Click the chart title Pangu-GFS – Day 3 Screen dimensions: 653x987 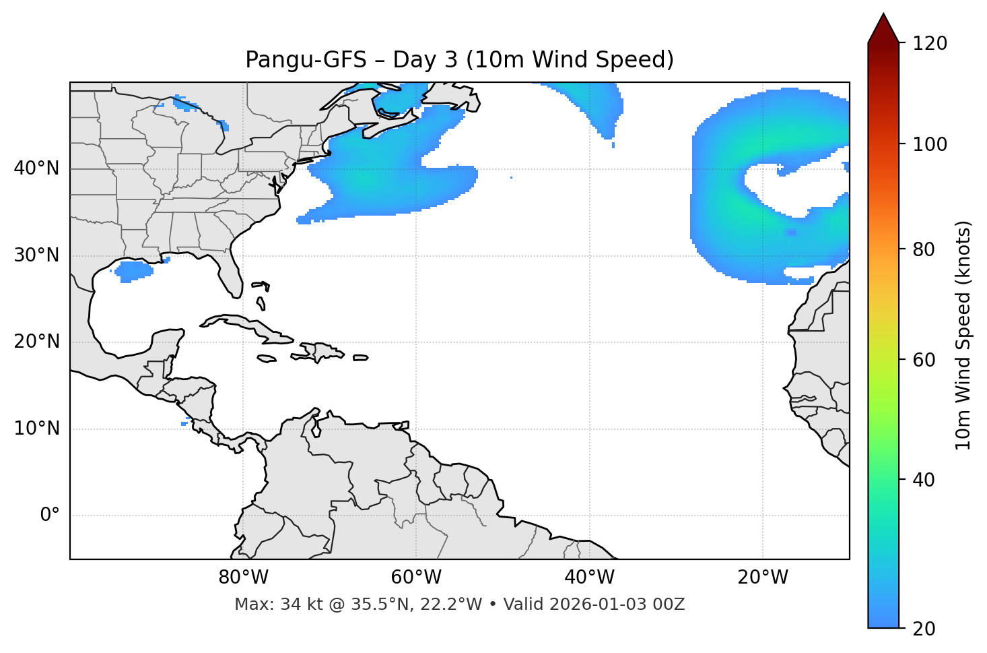coord(459,60)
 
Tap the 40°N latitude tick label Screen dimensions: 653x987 coord(36,168)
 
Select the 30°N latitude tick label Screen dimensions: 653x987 coord(36,255)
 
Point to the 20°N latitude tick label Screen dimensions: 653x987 coord(36,342)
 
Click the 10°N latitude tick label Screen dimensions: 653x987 coord(36,429)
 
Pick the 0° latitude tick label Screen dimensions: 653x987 coord(50,516)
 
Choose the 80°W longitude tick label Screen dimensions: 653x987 coord(243,578)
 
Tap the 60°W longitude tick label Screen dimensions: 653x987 coord(416,578)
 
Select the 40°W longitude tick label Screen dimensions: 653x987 coord(589,578)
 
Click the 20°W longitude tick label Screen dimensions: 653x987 coord(763,578)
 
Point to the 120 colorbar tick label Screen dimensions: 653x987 coord(930,44)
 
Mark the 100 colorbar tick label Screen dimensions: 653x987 coord(930,144)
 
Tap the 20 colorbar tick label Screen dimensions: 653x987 coord(924,629)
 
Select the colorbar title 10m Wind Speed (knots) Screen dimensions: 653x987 coord(963,335)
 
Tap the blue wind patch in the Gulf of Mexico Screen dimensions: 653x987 coord(133,271)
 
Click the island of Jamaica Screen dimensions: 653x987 coord(267,359)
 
